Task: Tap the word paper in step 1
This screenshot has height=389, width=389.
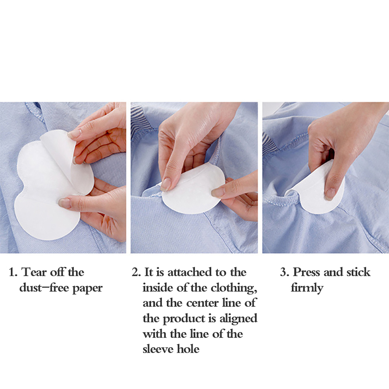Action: pos(87,288)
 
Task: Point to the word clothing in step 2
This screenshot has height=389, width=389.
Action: pos(233,288)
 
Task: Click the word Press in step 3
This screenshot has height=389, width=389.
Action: pos(307,272)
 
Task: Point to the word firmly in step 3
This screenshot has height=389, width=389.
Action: pos(307,288)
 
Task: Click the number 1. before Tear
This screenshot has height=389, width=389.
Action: pos(13,272)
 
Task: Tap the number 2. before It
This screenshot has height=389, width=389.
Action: pos(136,272)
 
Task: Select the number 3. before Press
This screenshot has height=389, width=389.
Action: pos(285,272)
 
